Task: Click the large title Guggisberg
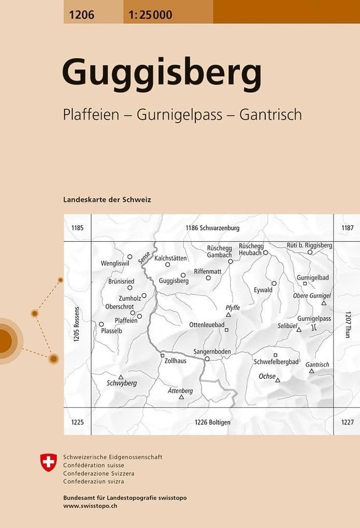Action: (162, 74)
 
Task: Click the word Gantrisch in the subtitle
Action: (270, 114)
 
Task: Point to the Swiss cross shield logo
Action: (48, 462)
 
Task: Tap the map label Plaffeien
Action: (126, 320)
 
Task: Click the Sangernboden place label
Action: (212, 351)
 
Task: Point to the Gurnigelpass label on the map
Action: (314, 318)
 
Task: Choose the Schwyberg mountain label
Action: (121, 383)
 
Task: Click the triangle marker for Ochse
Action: (278, 380)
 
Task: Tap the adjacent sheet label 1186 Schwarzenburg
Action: (212, 228)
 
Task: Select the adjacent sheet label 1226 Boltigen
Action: (212, 422)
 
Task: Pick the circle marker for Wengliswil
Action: (130, 256)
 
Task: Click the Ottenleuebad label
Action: (207, 325)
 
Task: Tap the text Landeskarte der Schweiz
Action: (107, 199)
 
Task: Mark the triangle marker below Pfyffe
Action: (228, 314)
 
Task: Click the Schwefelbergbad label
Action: (276, 361)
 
